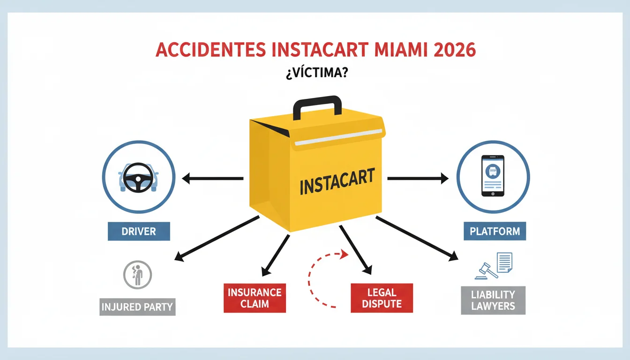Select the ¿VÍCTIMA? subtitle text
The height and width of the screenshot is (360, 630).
tap(317, 72)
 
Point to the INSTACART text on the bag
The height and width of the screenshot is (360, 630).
tap(337, 181)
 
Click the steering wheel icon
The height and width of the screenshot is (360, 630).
tap(138, 178)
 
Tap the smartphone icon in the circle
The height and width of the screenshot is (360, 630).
tap(493, 176)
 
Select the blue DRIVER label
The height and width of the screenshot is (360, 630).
tap(139, 231)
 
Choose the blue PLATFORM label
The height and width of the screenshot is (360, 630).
tap(495, 231)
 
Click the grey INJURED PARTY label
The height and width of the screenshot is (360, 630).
tap(137, 307)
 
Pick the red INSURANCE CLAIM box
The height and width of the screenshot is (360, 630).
tap(255, 298)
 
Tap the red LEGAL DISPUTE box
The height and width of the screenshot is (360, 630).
tap(382, 298)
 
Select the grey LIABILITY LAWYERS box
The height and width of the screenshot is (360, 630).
tap(493, 300)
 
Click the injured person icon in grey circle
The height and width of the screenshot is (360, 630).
tap(137, 275)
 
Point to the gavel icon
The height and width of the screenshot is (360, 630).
tap(486, 271)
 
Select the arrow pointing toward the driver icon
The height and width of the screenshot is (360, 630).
tap(213, 178)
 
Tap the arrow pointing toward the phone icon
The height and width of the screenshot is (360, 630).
tap(418, 178)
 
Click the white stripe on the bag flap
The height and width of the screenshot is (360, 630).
tap(338, 137)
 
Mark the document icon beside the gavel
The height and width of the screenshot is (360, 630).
tap(504, 262)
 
